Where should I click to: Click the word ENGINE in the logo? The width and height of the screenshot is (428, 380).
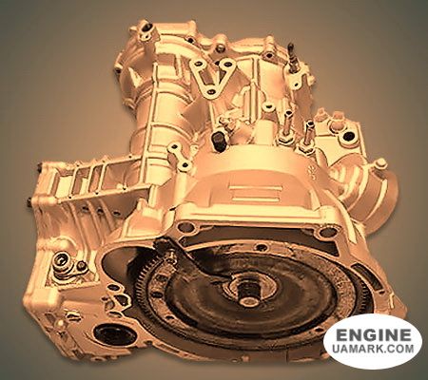click(x=373, y=335)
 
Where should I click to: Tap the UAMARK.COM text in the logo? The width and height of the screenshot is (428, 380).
click(x=373, y=349)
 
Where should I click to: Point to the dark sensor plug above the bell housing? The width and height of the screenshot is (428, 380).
click(x=219, y=140)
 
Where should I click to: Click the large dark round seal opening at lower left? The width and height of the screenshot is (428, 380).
click(x=115, y=334)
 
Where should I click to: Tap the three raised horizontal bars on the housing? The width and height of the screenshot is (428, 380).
click(x=256, y=194)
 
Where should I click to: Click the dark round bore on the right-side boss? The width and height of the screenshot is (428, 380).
click(x=348, y=137)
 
